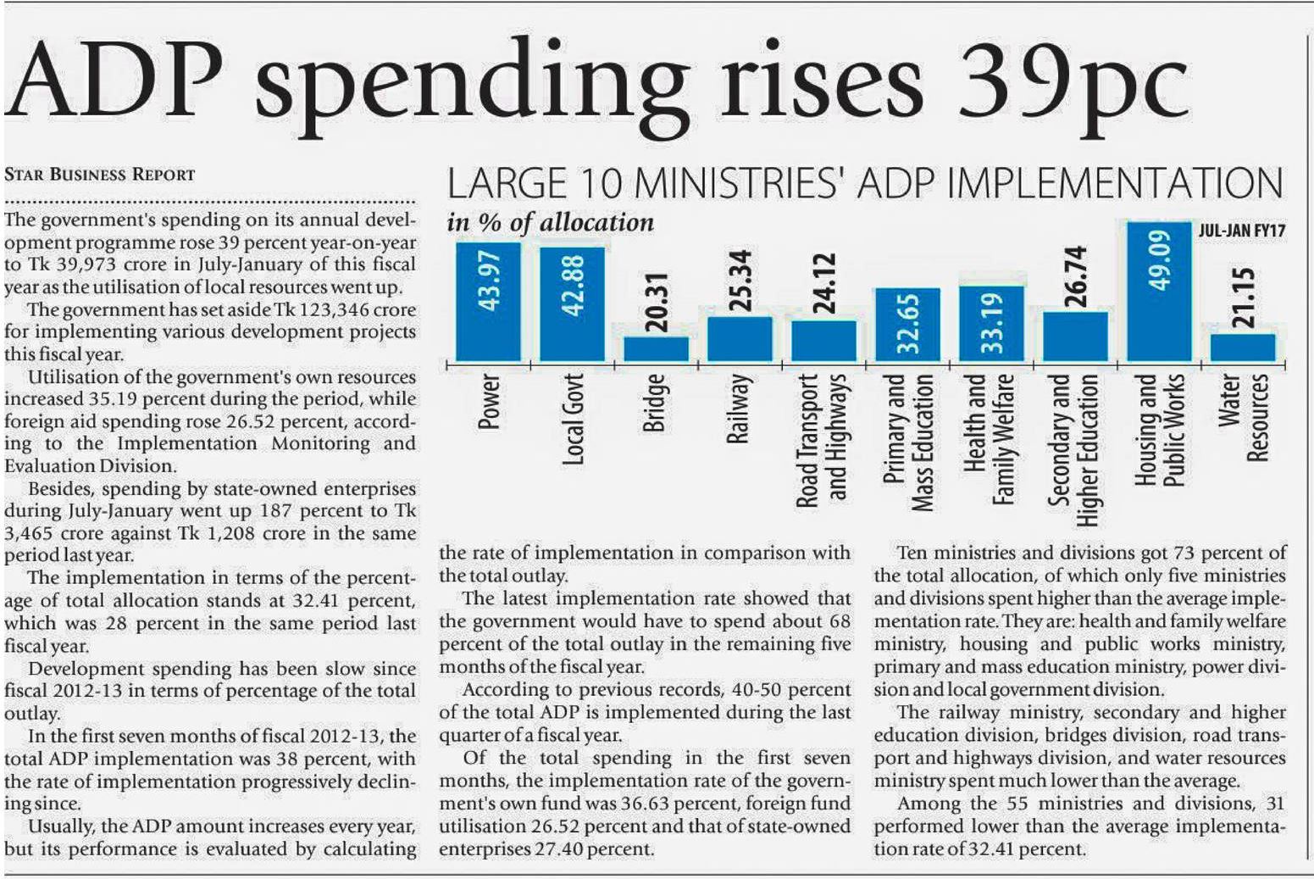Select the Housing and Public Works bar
point(1159,322)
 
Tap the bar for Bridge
point(656,348)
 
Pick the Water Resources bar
point(1242,347)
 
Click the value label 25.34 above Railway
point(740,281)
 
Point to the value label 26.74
point(1075,276)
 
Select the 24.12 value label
point(823,283)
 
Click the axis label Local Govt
point(574,419)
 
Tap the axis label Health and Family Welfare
point(990,439)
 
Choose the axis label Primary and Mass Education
point(907,442)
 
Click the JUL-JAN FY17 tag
point(1241,231)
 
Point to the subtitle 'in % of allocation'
point(551,223)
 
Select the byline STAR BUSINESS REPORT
point(99,175)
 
